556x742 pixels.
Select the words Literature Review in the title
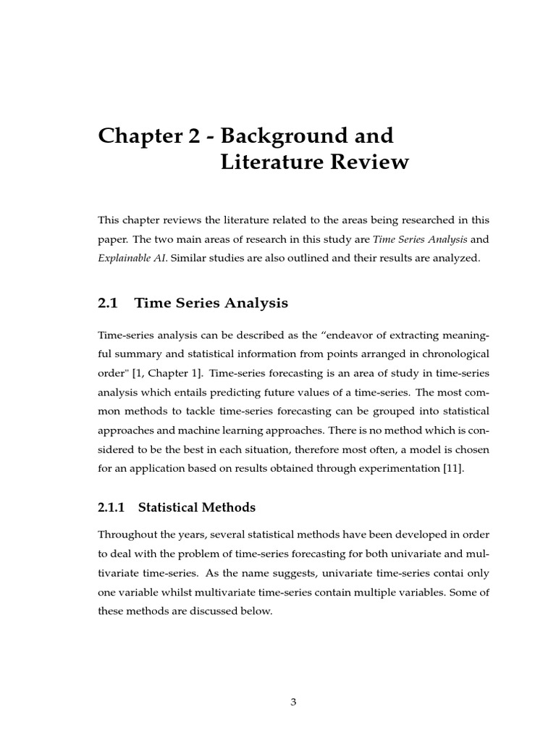click(313, 162)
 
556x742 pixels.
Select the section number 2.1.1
click(111, 508)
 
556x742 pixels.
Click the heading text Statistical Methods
click(196, 508)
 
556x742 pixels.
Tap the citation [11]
click(452, 468)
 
